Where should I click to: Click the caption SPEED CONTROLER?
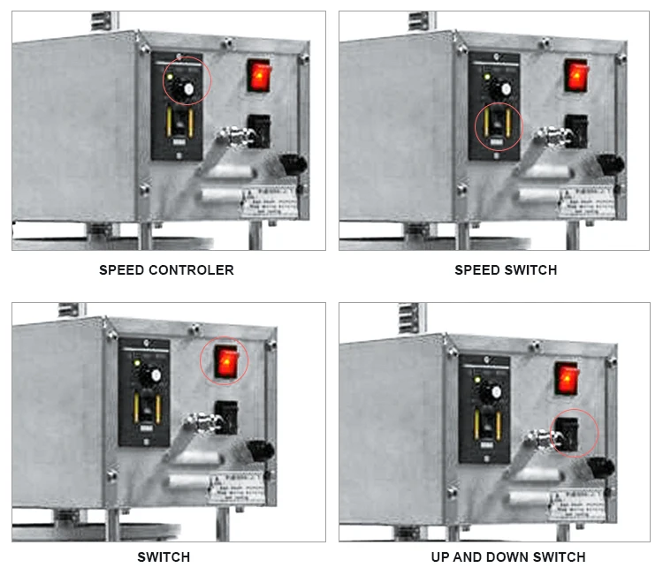pos(166,270)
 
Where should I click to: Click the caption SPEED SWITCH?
pos(506,270)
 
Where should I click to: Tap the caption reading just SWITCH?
pos(164,557)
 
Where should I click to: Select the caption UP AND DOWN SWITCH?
pos(507,557)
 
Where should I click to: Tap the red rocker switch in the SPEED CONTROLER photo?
pos(258,76)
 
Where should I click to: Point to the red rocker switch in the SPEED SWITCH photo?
pos(575,76)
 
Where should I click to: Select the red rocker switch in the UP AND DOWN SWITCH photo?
pos(566,378)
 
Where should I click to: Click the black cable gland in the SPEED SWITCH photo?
pos(610,165)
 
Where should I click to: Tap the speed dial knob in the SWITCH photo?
pos(153,375)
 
